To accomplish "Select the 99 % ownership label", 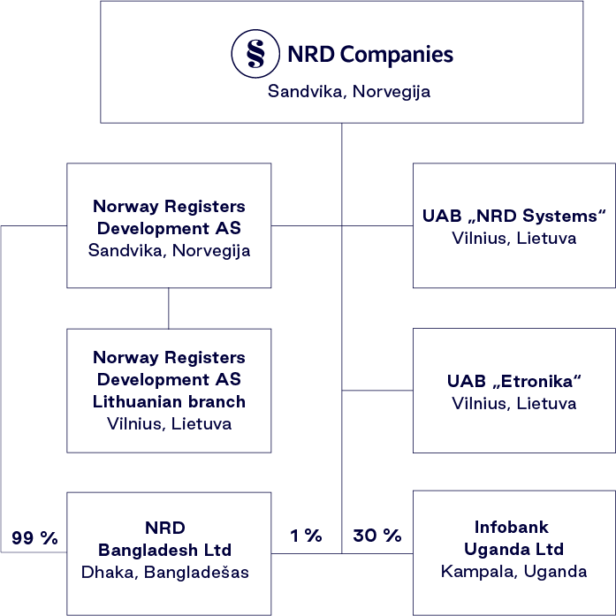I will pos(34,537).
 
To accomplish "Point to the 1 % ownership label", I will pos(306,536).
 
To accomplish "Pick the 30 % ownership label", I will pos(377,536).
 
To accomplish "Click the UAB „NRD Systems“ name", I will pos(513,217).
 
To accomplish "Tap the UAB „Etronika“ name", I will pos(513,382).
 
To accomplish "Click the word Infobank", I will pos(513,527).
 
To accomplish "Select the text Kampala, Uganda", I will pos(513,571).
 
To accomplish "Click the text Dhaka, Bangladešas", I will pos(168,572).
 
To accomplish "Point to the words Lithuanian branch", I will pos(168,402).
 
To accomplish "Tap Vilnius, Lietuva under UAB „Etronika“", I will pos(513,404).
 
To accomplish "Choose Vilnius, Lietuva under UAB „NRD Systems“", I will pos(513,239).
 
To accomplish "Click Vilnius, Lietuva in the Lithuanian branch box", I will pos(168,424).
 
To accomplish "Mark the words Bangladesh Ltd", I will pos(168,550).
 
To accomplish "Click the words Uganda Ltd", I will pos(513,549).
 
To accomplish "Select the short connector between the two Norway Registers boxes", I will pos(168,308).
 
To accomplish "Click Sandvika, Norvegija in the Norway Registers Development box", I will pos(168,250).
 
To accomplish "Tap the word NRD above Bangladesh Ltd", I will pos(168,528).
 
